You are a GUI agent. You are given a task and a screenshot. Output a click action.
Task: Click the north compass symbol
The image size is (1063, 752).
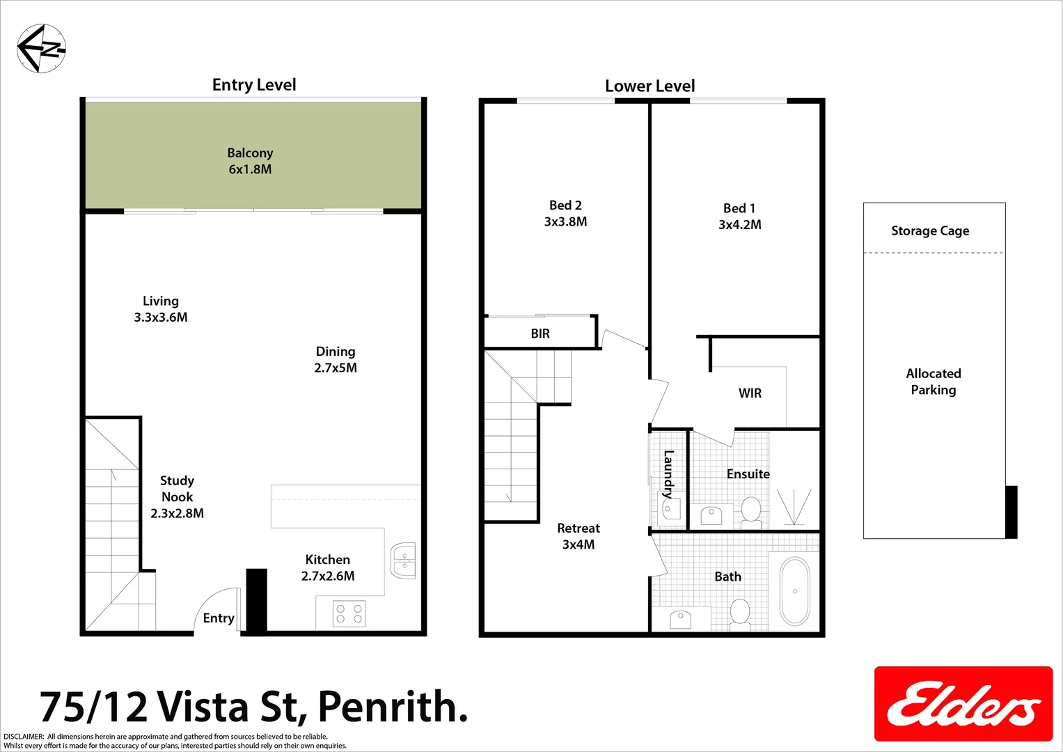tap(41, 48)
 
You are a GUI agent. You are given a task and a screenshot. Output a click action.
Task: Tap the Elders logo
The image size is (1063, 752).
tap(963, 704)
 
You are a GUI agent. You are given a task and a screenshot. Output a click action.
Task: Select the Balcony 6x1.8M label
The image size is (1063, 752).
tap(250, 161)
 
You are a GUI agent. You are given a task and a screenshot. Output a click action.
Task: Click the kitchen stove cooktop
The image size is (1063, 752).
tap(349, 613)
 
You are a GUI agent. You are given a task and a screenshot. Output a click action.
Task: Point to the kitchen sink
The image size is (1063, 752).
tap(403, 561)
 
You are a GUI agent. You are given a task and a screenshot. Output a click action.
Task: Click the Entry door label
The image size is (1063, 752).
tap(218, 618)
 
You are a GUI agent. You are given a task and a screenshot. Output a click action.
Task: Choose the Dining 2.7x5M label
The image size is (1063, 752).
tap(336, 359)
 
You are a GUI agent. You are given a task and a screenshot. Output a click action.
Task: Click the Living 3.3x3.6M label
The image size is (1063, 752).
tap(161, 308)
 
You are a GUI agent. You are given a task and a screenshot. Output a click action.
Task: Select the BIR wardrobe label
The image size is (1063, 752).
tap(540, 334)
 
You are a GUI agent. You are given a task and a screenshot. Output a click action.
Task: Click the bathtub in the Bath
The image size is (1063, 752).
tap(794, 591)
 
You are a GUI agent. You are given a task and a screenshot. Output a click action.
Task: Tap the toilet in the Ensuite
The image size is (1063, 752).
tap(750, 511)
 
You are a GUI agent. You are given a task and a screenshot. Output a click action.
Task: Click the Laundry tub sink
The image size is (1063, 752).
tap(670, 510)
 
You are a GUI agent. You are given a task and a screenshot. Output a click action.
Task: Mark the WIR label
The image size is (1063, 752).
tap(750, 393)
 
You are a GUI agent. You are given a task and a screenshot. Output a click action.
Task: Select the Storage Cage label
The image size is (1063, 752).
tap(930, 230)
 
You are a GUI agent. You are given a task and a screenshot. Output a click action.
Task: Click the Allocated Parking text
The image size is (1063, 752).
tap(934, 382)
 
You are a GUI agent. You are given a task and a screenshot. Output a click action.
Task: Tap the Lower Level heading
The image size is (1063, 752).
tap(649, 86)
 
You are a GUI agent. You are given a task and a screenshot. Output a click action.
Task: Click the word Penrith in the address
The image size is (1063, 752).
tap(393, 707)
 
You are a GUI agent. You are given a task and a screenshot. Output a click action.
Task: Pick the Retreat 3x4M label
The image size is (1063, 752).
tap(578, 536)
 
